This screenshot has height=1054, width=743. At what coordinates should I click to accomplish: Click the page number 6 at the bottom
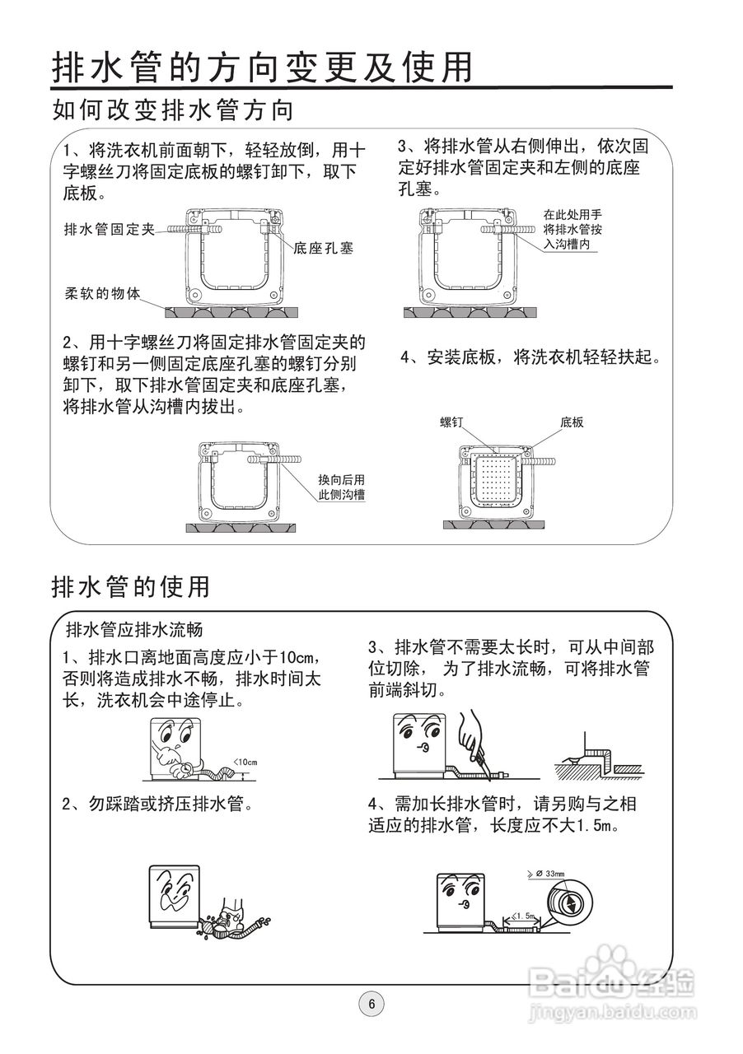point(371,1004)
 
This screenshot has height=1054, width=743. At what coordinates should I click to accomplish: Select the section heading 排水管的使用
point(130,586)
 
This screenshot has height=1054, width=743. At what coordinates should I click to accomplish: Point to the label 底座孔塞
point(323,247)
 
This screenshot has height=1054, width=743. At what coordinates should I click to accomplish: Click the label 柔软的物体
point(102,293)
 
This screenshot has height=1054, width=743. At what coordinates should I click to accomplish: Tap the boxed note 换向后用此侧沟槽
point(342,487)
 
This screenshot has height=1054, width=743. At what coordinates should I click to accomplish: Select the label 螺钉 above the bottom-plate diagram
point(452,422)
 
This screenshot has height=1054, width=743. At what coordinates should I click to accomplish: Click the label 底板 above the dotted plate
point(572,422)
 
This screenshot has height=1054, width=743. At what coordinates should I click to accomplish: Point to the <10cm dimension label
point(245,762)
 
